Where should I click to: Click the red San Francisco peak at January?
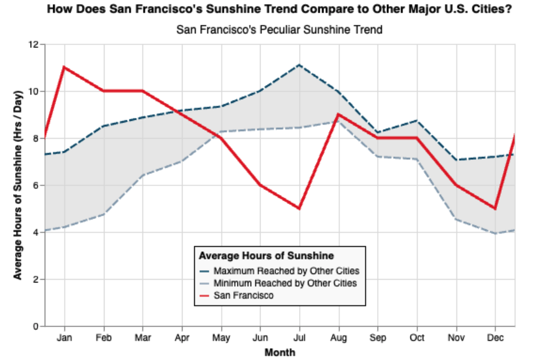[x=64, y=67]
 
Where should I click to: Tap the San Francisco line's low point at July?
[x=299, y=209]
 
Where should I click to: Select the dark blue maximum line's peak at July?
[x=299, y=65]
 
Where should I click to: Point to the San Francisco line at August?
[x=338, y=114]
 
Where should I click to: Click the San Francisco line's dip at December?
[x=495, y=209]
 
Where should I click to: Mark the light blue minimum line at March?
[x=143, y=175]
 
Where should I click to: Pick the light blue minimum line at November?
[x=456, y=219]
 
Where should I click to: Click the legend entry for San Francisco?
[x=243, y=295]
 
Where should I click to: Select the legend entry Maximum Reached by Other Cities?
[x=286, y=270]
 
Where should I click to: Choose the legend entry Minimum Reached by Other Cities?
[x=285, y=283]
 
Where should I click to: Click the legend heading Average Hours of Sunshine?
[x=267, y=256]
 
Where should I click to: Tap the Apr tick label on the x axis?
[x=182, y=338]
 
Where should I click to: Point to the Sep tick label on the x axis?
[x=377, y=338]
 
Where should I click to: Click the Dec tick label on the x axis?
[x=495, y=338]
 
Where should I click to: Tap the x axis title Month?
[x=280, y=352]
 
